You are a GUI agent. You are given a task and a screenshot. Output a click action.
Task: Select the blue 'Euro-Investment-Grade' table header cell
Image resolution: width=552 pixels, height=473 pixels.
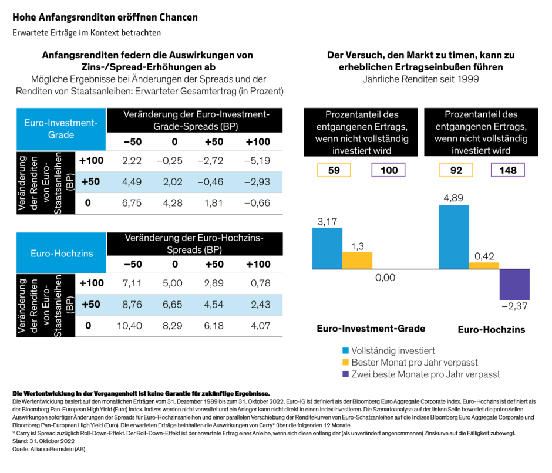[61, 129]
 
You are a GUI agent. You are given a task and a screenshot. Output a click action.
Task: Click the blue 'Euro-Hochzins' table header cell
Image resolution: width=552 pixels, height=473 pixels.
[61, 254]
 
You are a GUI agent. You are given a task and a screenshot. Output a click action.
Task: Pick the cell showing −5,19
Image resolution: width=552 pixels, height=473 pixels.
[258, 160]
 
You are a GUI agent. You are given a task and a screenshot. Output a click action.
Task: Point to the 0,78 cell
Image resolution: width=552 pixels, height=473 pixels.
[258, 283]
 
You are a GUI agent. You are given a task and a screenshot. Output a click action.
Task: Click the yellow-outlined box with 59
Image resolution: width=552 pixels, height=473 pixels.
[334, 170]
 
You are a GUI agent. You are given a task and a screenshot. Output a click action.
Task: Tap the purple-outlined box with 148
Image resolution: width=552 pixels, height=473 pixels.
[507, 170]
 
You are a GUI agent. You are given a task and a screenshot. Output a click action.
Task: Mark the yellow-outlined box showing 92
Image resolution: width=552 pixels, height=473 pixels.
[457, 170]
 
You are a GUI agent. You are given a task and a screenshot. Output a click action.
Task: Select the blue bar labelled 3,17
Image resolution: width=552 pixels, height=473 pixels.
[327, 248]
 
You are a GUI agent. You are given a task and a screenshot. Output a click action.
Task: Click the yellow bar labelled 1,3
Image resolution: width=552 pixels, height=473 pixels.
[357, 261]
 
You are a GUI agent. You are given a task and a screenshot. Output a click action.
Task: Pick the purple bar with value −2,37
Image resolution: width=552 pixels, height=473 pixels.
[514, 283]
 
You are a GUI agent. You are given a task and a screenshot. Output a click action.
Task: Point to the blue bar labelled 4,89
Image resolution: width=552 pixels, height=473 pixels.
[453, 237]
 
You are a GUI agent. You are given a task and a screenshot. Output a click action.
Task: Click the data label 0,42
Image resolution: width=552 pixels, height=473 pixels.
[483, 255]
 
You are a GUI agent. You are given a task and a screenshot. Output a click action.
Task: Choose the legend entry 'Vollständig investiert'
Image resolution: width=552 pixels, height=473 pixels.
[393, 350]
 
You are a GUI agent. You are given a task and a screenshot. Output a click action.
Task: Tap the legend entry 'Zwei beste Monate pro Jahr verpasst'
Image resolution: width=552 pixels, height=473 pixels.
[420, 374]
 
